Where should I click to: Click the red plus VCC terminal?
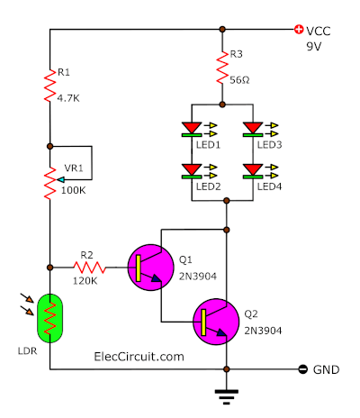(x=299, y=29)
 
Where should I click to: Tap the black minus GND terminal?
(x=303, y=369)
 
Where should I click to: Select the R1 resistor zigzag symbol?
(x=49, y=86)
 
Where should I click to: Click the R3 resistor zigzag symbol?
(x=222, y=68)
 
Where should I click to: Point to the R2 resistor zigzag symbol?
(x=90, y=268)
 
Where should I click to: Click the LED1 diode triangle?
(x=192, y=128)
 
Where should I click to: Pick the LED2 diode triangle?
(x=192, y=169)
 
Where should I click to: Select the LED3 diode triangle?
(x=253, y=128)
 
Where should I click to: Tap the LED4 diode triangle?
(x=253, y=169)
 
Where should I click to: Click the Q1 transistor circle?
(x=150, y=268)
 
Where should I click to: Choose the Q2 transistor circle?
(x=216, y=322)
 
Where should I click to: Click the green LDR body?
(x=49, y=318)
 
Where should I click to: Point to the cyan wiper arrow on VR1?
(x=60, y=180)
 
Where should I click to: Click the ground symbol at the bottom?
(x=227, y=397)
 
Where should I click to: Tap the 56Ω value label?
(x=239, y=80)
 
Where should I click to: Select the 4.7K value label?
(x=68, y=98)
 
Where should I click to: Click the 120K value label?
(x=85, y=281)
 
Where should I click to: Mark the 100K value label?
(x=74, y=190)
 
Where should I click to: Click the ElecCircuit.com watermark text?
(x=139, y=357)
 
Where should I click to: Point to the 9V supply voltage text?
(x=314, y=47)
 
